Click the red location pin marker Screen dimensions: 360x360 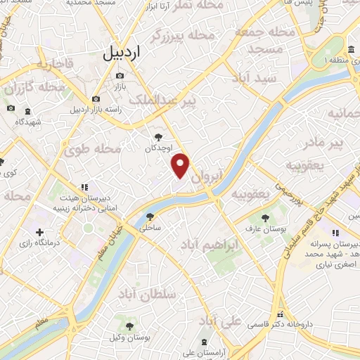(181, 165)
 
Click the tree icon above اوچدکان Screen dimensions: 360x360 (157, 138)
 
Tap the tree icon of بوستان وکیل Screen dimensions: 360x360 (129, 325)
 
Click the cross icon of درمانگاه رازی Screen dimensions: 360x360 (39, 232)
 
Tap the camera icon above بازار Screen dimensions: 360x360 (120, 75)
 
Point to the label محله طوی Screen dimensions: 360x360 (93, 149)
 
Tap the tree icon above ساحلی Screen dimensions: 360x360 (149, 217)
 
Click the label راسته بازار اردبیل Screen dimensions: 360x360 (96, 110)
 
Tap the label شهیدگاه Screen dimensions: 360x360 (27, 121)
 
